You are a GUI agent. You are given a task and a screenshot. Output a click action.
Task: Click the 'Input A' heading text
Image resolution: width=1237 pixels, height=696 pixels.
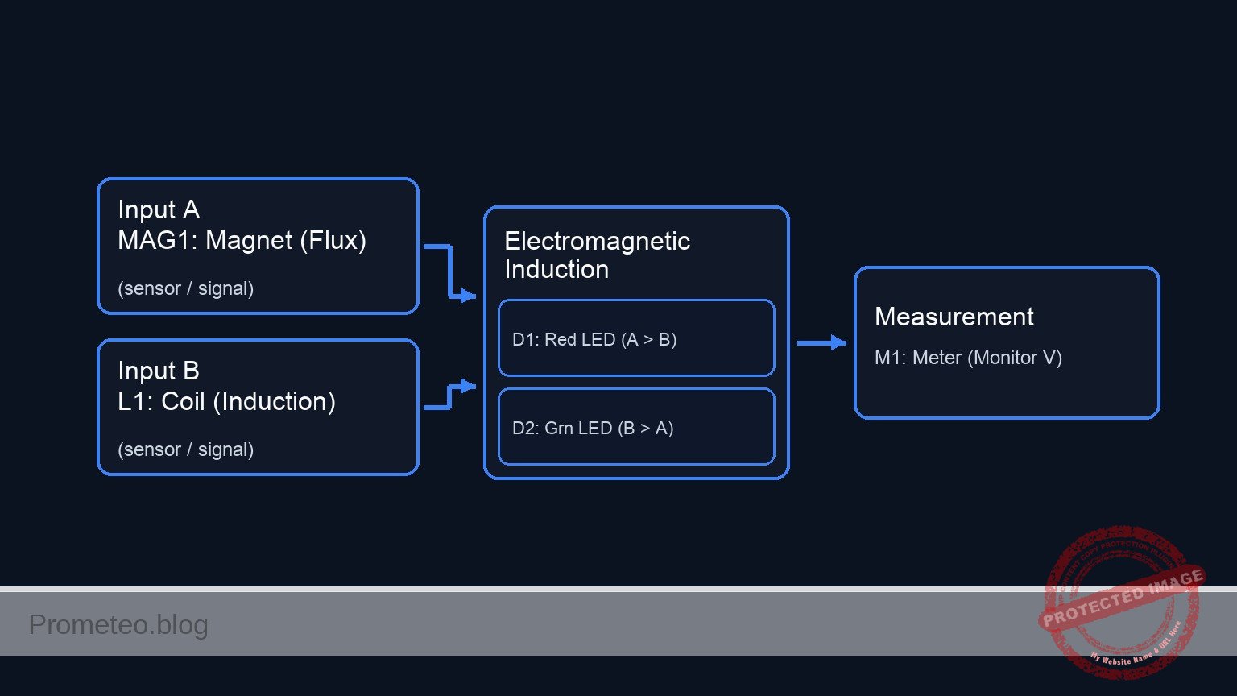tap(159, 209)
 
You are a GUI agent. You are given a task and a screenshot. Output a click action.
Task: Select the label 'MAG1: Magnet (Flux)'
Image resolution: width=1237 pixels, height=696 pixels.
tap(242, 240)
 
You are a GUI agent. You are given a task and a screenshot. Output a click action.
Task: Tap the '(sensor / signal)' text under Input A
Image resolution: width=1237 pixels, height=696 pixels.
tap(185, 288)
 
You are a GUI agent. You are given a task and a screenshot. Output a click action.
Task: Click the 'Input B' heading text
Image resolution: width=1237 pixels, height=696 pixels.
tap(159, 371)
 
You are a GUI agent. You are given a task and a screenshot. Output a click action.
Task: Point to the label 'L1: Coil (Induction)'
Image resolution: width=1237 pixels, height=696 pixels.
tap(226, 401)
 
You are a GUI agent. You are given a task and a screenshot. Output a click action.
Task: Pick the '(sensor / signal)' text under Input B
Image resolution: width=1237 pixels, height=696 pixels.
tap(185, 449)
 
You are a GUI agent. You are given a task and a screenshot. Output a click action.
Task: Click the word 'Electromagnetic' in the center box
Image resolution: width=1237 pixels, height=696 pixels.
tap(597, 241)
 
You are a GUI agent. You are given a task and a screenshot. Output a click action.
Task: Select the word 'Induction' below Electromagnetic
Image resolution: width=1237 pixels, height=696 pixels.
tap(556, 269)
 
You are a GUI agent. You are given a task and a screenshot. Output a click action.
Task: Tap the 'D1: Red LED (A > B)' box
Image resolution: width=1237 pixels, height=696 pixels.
tap(636, 338)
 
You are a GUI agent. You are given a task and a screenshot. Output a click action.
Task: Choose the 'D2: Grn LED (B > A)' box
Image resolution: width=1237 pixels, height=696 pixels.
tap(636, 427)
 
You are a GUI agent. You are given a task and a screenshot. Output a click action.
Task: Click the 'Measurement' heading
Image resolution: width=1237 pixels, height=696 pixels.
tap(954, 317)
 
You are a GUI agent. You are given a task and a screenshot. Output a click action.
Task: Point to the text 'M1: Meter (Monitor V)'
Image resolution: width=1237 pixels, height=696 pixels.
tap(968, 358)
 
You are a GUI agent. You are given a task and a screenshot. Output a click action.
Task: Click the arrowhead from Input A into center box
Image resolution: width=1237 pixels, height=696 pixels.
tap(468, 296)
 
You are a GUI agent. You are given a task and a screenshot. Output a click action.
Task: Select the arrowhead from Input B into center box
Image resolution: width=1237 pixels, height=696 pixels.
tap(468, 386)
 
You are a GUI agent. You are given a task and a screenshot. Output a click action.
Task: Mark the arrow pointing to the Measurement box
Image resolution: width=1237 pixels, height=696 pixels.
tap(838, 343)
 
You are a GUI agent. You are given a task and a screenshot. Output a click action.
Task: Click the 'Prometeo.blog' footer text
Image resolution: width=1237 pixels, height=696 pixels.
tap(118, 624)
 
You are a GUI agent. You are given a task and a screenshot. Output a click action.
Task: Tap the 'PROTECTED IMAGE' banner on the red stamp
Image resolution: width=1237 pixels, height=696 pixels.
tap(1123, 597)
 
